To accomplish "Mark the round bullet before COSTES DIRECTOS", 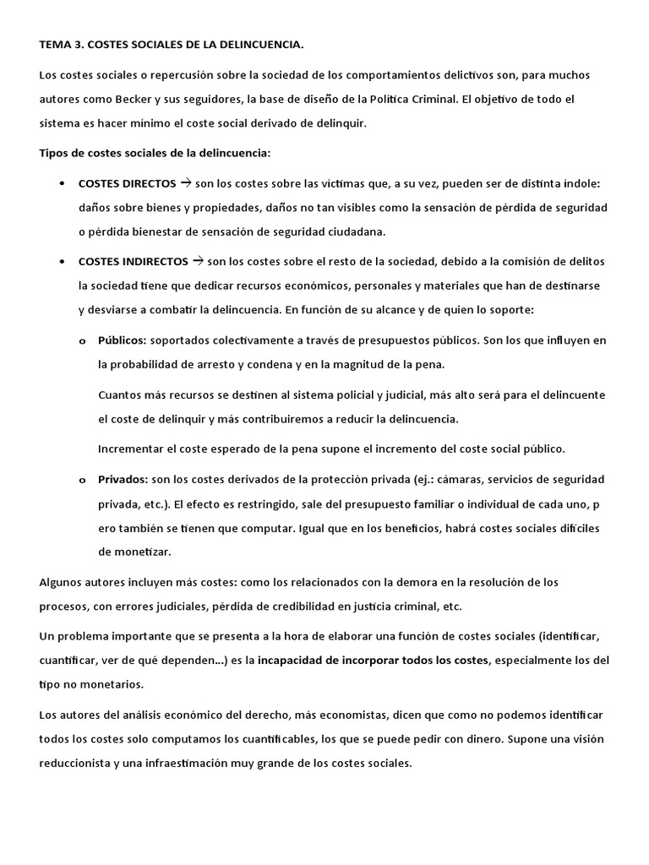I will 64,184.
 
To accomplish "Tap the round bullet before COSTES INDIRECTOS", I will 64,262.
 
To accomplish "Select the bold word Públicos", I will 122,340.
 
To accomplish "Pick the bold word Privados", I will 123,480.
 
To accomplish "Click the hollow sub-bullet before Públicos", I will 82,341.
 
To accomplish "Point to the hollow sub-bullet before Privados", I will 82,481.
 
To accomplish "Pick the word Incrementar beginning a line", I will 131,449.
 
